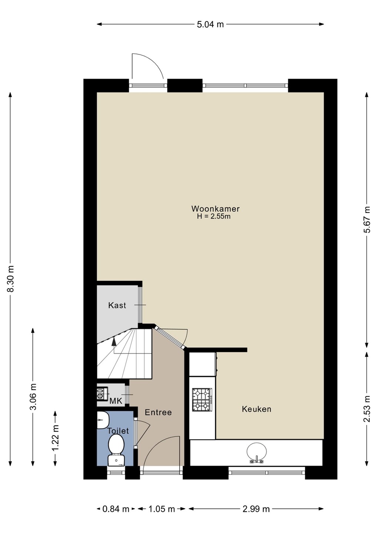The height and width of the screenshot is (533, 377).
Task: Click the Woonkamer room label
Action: tap(216, 209)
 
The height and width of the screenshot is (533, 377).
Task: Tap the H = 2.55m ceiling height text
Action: tap(214, 217)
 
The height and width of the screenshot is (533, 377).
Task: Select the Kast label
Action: tap(117, 305)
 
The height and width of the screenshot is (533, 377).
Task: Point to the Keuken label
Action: tap(257, 409)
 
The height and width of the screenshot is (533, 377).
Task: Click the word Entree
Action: tap(158, 412)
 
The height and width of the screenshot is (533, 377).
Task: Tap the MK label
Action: tap(116, 401)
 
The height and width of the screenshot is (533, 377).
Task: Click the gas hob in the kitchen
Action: tap(202, 400)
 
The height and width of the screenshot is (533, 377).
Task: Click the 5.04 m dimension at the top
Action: tap(210, 24)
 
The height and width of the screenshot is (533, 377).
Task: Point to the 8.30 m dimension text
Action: tap(11, 278)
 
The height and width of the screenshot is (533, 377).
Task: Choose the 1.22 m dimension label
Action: tap(56, 438)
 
